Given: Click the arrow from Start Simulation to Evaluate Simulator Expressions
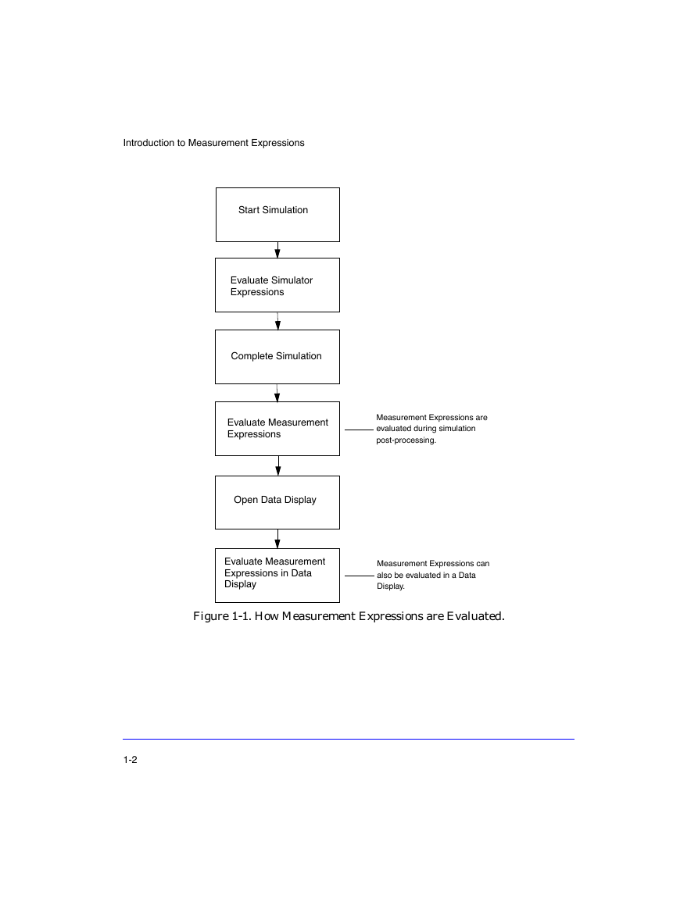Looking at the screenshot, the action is [277, 250].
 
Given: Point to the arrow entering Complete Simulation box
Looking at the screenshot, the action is [277, 321].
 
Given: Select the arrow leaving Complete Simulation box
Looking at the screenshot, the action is [277, 393].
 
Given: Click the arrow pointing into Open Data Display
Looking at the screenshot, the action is [278, 466].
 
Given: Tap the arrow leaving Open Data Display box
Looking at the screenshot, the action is [277, 539].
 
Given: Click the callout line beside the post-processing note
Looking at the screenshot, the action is [360, 430].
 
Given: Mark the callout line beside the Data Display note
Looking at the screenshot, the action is [360, 576].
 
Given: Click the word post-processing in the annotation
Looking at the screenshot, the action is [406, 440].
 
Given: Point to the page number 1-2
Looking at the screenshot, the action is [131, 760].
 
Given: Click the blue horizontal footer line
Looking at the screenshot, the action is [349, 740].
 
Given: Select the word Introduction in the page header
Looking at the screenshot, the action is [149, 143].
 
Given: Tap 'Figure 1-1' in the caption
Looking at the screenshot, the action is [221, 616].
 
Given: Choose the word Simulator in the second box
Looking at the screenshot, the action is [291, 280].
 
